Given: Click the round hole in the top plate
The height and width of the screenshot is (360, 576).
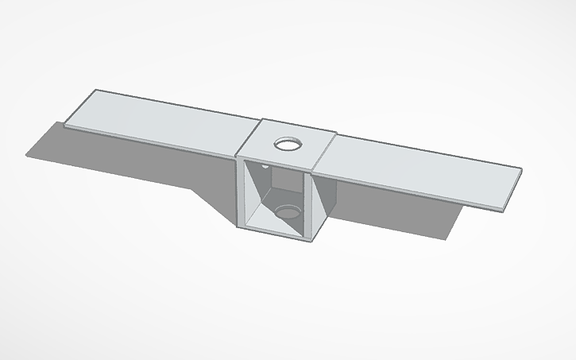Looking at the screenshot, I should click(x=288, y=144).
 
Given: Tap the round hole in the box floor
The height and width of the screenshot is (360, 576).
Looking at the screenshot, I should click(x=287, y=211).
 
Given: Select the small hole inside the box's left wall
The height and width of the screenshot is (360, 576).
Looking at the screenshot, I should click(x=264, y=169).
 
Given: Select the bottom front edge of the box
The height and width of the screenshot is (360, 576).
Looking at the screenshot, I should click(x=273, y=232).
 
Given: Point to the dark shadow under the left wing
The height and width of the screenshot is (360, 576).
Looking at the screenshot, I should click(x=119, y=159).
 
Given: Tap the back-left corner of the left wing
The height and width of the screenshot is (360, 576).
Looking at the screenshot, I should click(x=97, y=91).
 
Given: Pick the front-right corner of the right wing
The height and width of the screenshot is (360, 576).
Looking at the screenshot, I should click(x=504, y=210).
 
